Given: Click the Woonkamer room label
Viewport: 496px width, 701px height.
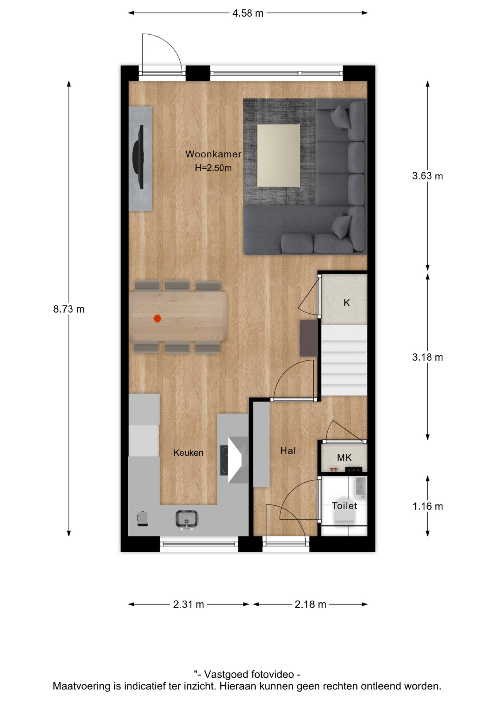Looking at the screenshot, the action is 213,154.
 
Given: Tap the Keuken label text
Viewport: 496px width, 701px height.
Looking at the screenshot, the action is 188,453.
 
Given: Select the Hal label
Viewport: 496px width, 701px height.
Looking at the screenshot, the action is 288,451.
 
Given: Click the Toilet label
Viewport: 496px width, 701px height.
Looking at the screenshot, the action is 344,506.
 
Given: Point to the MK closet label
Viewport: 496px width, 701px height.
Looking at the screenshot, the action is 344,457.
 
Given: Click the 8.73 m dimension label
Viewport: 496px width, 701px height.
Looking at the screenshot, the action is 69,309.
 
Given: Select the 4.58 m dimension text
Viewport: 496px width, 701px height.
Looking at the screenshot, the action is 248,13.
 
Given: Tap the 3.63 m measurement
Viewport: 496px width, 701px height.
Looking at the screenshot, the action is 427,176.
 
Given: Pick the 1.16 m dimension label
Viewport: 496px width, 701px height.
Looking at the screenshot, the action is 427,506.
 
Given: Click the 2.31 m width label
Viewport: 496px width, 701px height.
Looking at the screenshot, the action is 188,604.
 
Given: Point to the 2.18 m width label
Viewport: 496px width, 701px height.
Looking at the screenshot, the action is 310,604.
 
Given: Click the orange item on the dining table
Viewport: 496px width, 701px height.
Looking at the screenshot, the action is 157,318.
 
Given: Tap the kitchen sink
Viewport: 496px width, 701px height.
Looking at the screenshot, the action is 187,519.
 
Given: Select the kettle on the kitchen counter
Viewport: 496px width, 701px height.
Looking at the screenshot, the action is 142,518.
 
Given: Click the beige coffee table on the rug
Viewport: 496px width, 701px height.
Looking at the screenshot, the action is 278,156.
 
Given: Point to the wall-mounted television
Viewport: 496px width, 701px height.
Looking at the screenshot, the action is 138,157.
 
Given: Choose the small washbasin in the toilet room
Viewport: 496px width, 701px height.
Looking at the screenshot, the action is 361,487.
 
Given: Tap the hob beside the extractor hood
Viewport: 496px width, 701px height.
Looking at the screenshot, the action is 224,460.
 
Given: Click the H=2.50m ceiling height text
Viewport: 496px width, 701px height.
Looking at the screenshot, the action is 213,168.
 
